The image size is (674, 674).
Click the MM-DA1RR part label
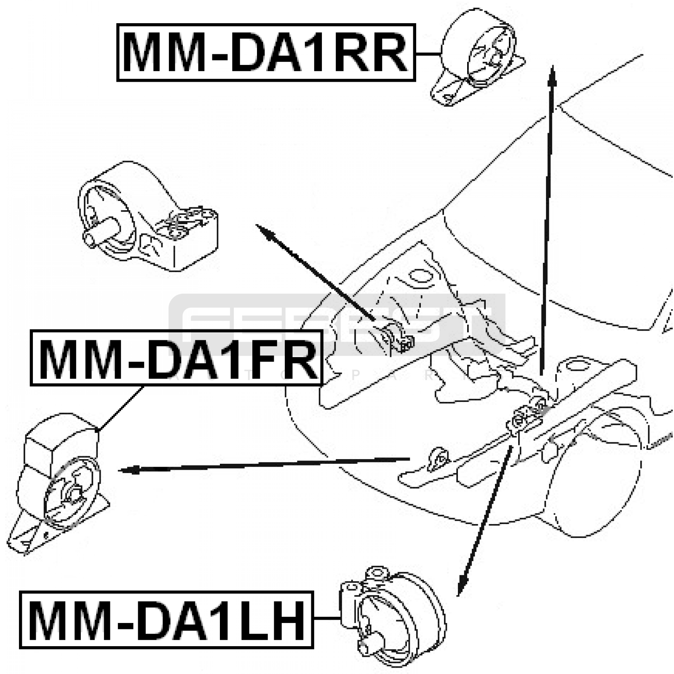(265, 53)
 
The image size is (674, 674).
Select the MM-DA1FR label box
(176, 358)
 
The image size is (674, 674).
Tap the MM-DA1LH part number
(166, 620)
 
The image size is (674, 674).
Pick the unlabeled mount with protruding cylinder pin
(147, 217)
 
